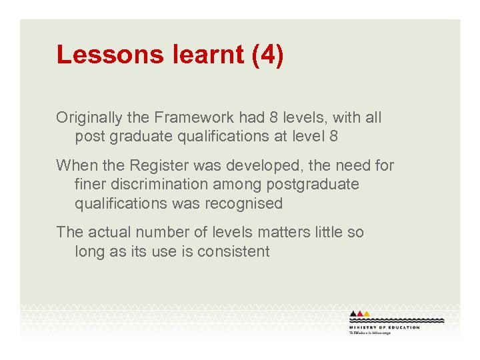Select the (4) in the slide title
click(x=268, y=55)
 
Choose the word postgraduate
click(x=311, y=184)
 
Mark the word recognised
click(x=243, y=203)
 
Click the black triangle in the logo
click(x=353, y=314)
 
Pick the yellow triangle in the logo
click(x=366, y=314)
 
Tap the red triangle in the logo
click(x=360, y=314)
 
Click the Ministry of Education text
click(x=385, y=327)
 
